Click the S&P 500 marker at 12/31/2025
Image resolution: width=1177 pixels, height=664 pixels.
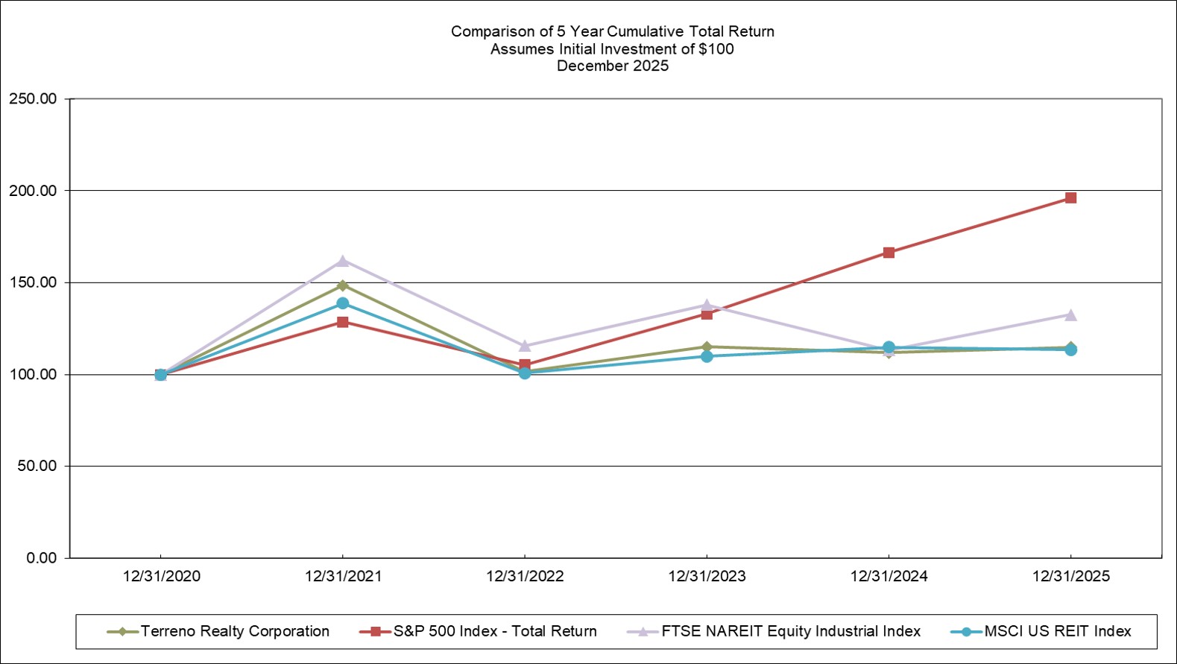1070,198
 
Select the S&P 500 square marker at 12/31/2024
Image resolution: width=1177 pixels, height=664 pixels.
889,253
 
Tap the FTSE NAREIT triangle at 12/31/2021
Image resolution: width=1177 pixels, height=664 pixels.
343,261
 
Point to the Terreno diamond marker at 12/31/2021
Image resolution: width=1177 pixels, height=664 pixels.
343,285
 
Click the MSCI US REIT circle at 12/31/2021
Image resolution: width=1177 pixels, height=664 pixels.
343,303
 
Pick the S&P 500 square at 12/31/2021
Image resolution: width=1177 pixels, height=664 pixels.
343,322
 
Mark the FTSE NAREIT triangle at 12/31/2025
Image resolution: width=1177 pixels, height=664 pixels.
1070,315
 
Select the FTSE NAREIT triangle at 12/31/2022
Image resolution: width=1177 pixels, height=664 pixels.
525,346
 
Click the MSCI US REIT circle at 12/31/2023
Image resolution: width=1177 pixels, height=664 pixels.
707,356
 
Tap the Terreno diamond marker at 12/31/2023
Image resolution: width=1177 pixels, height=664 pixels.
707,347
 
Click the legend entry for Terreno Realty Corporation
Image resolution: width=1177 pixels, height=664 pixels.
234,631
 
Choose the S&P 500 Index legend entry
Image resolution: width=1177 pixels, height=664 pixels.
494,631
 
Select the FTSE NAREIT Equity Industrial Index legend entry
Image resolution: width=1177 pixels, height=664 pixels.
790,631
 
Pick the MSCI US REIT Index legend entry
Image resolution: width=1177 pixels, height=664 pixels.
1057,631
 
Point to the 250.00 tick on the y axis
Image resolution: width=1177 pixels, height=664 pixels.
33,99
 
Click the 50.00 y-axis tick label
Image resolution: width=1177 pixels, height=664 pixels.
37,466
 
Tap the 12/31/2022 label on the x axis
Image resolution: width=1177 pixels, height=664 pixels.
525,576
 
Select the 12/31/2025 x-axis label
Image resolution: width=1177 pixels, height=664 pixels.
1070,576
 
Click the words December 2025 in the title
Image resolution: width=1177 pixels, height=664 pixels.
613,66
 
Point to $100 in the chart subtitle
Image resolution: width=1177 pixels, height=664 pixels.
716,49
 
